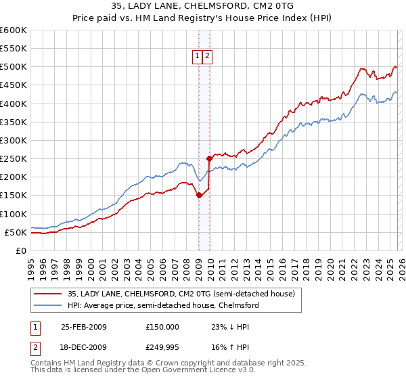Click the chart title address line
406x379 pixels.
(203, 7)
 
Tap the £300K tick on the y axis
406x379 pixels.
(13, 140)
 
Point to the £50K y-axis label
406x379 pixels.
(15, 232)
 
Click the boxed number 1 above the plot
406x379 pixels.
(197, 57)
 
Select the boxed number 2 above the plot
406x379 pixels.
(206, 57)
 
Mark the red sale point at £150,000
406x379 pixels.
(199, 196)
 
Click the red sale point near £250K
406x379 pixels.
(209, 159)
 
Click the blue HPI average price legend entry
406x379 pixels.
(162, 306)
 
